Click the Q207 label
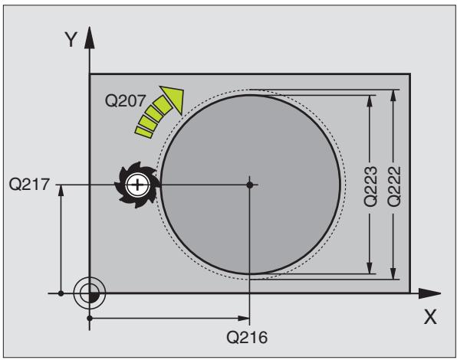[x=125, y=101]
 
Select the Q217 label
[x=29, y=185]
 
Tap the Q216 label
[x=247, y=338]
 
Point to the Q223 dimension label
[x=370, y=187]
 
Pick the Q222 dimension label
[x=394, y=187]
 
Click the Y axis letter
[x=71, y=40]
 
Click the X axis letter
[x=430, y=317]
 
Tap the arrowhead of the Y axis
[x=90, y=38]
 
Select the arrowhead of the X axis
[x=430, y=293]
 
